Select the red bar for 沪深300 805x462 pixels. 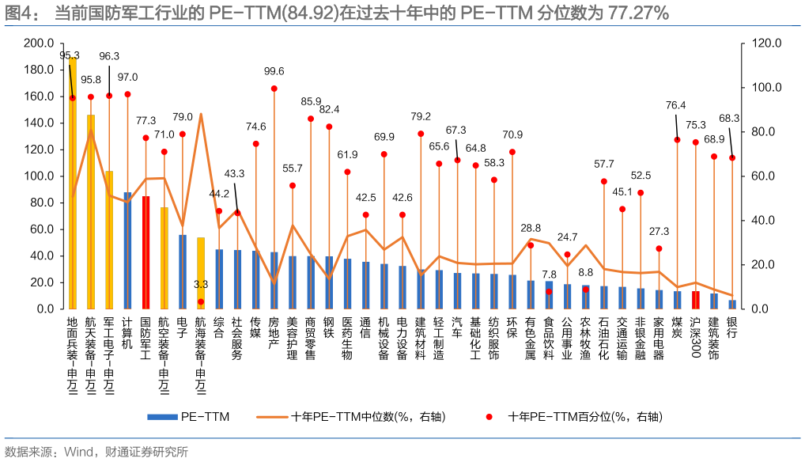pyautogui.click(x=696, y=300)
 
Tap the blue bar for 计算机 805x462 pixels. pyautogui.click(x=127, y=250)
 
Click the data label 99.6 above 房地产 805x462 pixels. pyautogui.click(x=274, y=71)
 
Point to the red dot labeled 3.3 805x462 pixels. pyautogui.click(x=201, y=301)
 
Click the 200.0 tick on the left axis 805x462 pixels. pyautogui.click(x=39, y=43)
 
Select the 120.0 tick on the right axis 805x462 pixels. pyautogui.click(x=766, y=43)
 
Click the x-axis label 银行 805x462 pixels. pyautogui.click(x=732, y=328)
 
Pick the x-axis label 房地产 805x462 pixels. pyautogui.click(x=274, y=334)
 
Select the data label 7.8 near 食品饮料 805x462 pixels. pyautogui.click(x=549, y=274)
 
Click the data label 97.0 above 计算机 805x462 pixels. pyautogui.click(x=127, y=78)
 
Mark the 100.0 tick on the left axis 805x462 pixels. pyautogui.click(x=39, y=176)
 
